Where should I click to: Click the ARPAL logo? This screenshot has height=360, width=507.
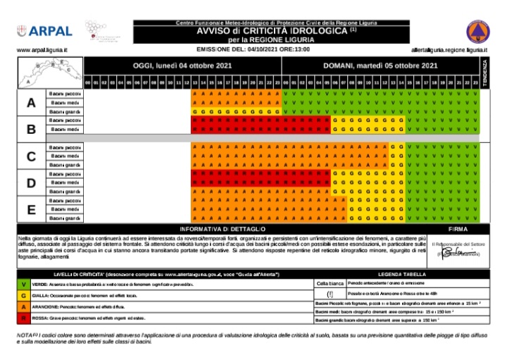pyautogui.click(x=44, y=31)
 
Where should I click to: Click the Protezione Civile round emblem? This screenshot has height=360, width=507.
pyautogui.click(x=476, y=32)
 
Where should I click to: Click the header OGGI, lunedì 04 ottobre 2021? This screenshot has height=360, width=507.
pyautogui.click(x=182, y=66)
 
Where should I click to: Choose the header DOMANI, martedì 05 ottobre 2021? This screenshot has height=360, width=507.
pyautogui.click(x=380, y=66)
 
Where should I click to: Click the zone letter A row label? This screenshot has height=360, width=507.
pyautogui.click(x=30, y=103)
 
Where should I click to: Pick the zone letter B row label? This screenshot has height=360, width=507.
pyautogui.click(x=30, y=130)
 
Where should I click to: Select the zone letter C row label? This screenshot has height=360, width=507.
pyautogui.click(x=30, y=156)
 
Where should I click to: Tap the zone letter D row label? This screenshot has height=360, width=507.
pyautogui.click(x=30, y=182)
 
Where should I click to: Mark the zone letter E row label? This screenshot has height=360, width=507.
pyautogui.click(x=30, y=209)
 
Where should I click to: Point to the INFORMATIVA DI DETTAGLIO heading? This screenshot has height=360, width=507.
pyautogui.click(x=223, y=230)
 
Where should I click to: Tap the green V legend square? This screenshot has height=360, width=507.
pyautogui.click(x=24, y=284)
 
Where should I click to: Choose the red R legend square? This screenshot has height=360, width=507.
pyautogui.click(x=24, y=318)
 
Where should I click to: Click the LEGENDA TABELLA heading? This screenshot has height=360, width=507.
pyautogui.click(x=400, y=273)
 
